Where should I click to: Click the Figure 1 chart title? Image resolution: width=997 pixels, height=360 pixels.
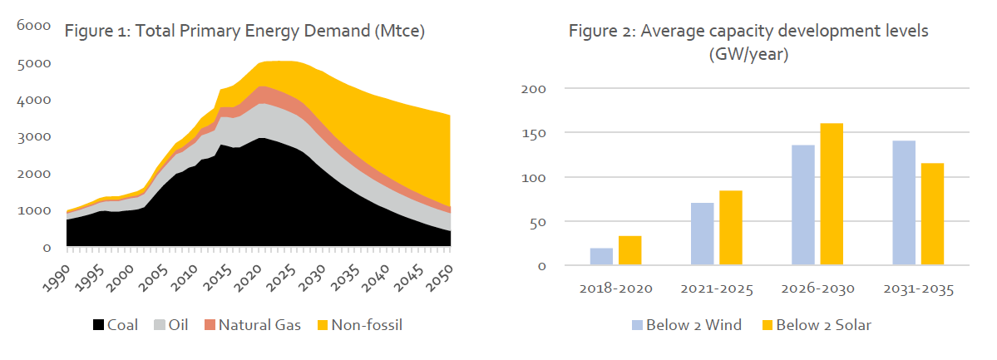click(245, 32)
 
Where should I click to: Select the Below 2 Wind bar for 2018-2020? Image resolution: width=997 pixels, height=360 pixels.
click(601, 257)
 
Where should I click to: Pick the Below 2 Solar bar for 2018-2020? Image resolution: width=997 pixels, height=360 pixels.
click(629, 251)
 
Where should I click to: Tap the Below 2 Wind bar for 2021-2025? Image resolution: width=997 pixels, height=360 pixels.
click(703, 234)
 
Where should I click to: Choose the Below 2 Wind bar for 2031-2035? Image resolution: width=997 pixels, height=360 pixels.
click(904, 204)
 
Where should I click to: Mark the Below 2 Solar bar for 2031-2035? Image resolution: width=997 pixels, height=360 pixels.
click(932, 215)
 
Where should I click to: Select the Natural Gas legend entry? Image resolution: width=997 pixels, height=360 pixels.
click(249, 324)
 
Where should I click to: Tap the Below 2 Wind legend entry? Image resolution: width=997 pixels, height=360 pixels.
click(682, 324)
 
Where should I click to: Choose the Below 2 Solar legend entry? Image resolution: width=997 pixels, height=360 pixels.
click(815, 324)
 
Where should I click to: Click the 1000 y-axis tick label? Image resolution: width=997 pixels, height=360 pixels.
click(35, 210)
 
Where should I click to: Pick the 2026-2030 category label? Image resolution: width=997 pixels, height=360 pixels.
click(817, 290)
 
